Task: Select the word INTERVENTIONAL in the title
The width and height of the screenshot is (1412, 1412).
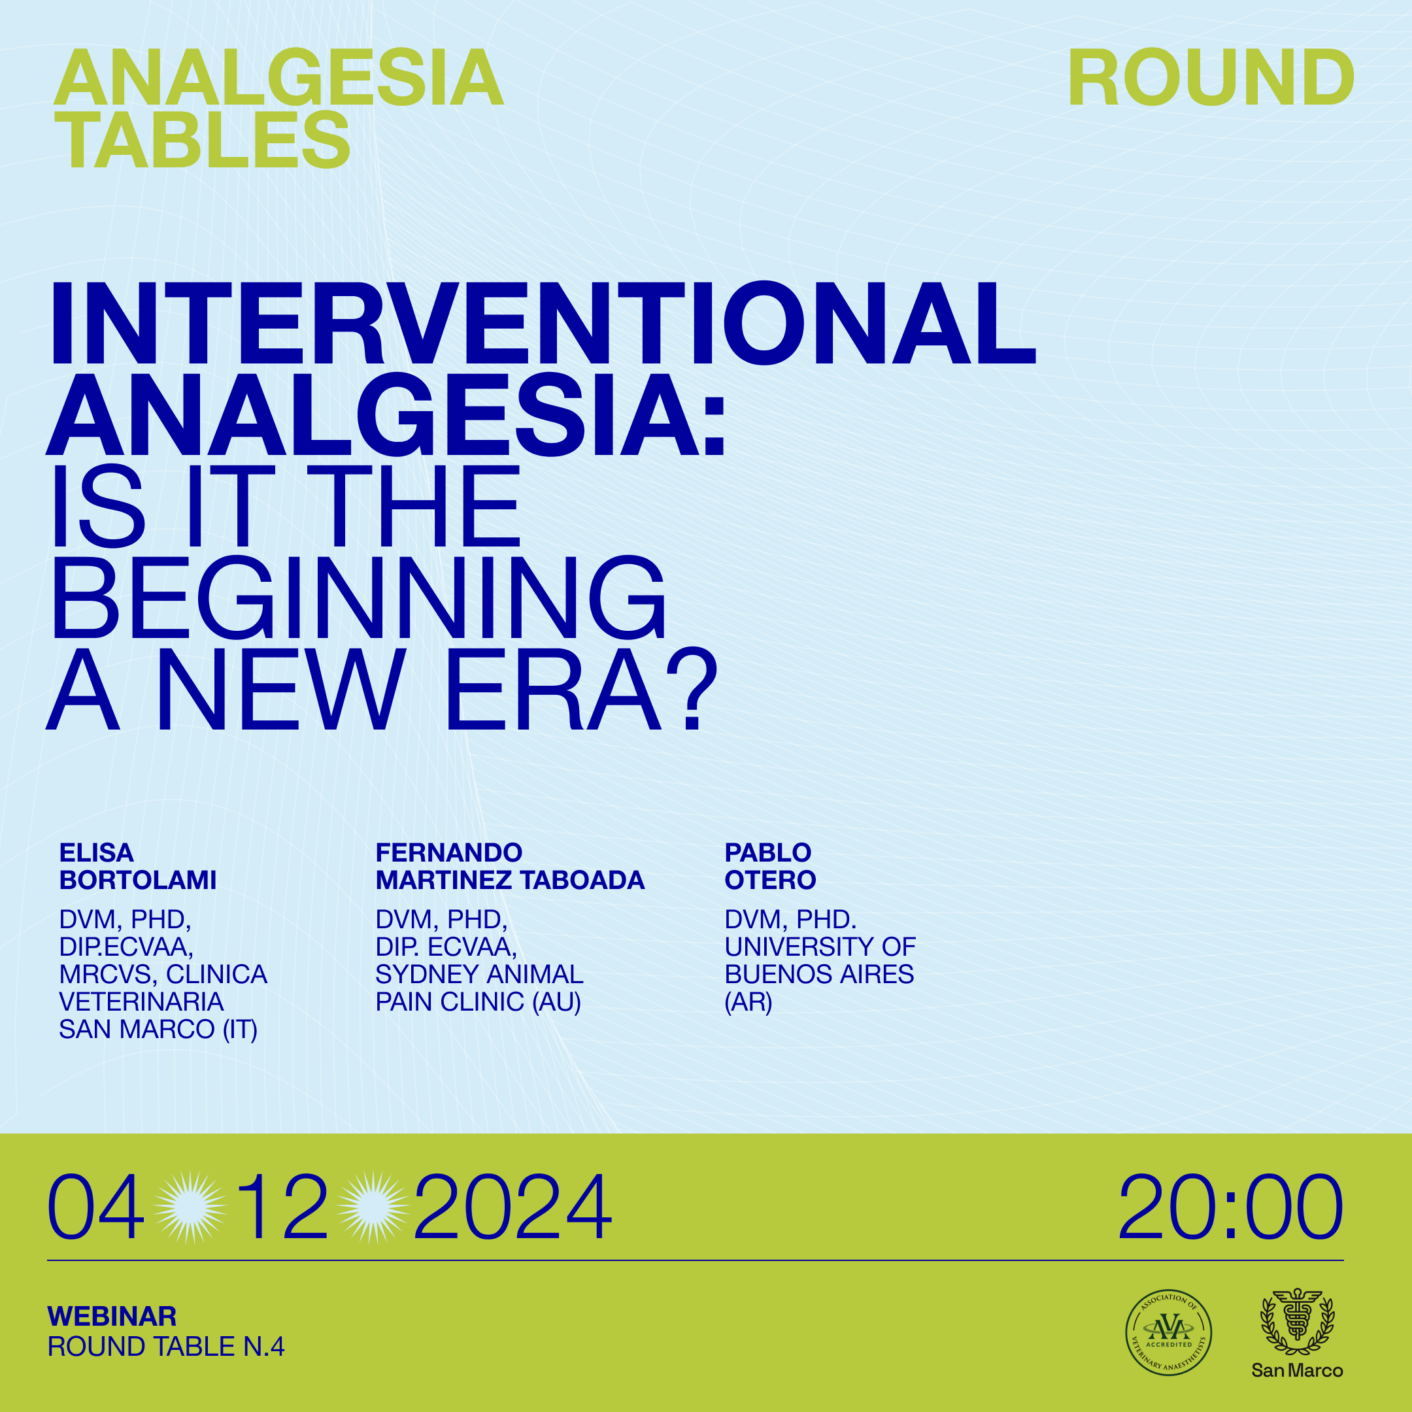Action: pyautogui.click(x=541, y=323)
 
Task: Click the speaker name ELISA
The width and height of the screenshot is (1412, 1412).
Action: pyautogui.click(x=97, y=853)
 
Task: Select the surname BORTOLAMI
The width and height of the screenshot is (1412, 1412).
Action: pyautogui.click(x=138, y=880)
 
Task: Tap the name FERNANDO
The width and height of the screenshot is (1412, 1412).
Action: pyautogui.click(x=448, y=853)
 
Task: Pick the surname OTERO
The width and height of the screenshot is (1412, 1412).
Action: pyautogui.click(x=770, y=880)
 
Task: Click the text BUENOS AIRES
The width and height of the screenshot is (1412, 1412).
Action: pyautogui.click(x=819, y=974)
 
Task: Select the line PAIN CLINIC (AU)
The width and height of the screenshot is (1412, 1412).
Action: pyautogui.click(x=478, y=1002)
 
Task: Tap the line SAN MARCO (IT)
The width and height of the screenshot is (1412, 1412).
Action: pyautogui.click(x=159, y=1030)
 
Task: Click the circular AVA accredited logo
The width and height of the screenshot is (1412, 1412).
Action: pyautogui.click(x=1169, y=1332)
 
